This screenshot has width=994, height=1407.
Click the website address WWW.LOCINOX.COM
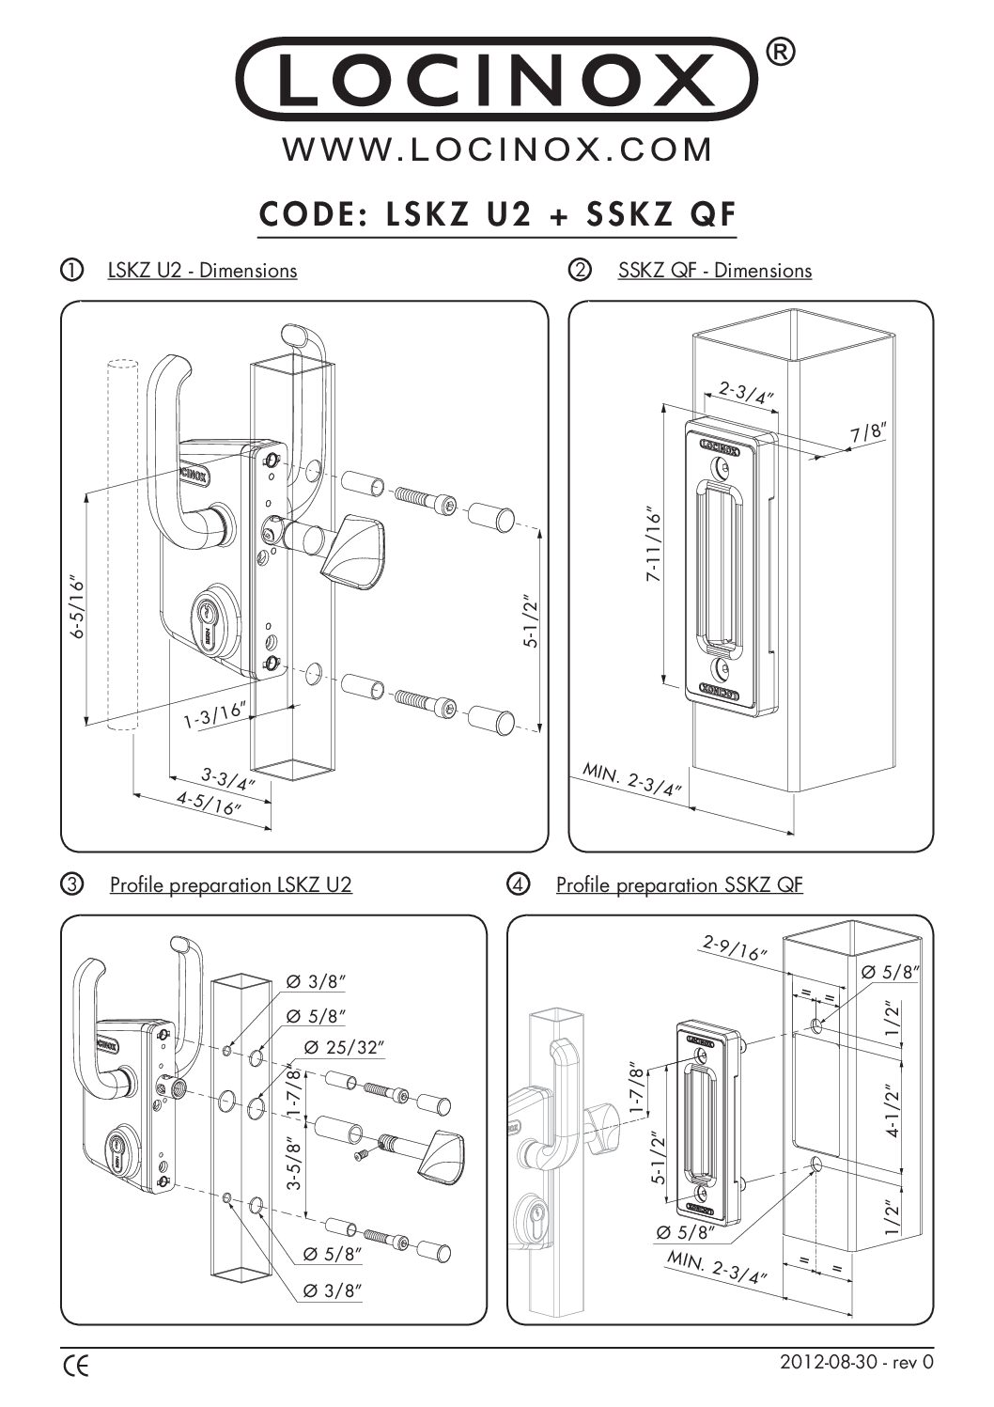pyautogui.click(x=497, y=150)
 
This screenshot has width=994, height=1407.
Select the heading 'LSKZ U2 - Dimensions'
pyautogui.click(x=202, y=271)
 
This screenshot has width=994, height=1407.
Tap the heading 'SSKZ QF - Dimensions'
pyautogui.click(x=714, y=271)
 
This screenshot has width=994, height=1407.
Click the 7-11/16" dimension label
pyautogui.click(x=656, y=547)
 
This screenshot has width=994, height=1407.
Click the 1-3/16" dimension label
pyautogui.click(x=213, y=716)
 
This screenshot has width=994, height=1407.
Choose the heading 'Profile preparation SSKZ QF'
pyautogui.click(x=678, y=885)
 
